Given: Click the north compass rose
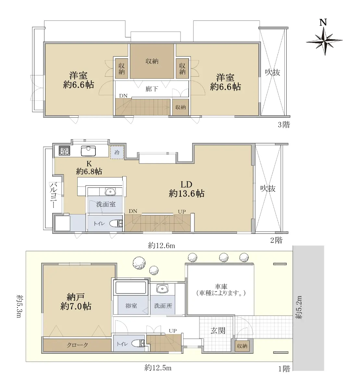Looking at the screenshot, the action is pos(324,41).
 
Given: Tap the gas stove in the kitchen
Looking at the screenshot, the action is pos(65,151).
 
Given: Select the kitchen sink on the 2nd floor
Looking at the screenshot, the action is pos(88,151).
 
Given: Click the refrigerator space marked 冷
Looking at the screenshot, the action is pos(117,152).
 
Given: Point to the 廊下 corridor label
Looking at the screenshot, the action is pos(152,89).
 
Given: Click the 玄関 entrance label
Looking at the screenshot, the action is pos(218,331).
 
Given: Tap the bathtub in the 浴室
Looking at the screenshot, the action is pos(131,288).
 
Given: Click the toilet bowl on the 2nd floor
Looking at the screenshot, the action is pos(116,223).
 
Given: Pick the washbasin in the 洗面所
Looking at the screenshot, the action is pos(162,289).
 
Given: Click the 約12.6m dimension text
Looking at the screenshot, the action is pos(161,245).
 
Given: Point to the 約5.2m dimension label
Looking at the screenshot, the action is pos(299,307).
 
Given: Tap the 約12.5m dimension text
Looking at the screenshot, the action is pos(158,368).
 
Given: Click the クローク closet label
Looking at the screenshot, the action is pos(77,345).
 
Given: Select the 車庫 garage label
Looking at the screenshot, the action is pos(221,287).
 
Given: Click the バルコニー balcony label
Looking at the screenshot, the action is pos(53,195).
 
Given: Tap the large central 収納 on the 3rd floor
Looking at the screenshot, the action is pos(152,61).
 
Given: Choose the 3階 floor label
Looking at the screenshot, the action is pos(284,124).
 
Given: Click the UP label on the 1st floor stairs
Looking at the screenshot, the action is pos(173,331).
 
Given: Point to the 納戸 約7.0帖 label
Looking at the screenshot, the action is pos(76,301).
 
